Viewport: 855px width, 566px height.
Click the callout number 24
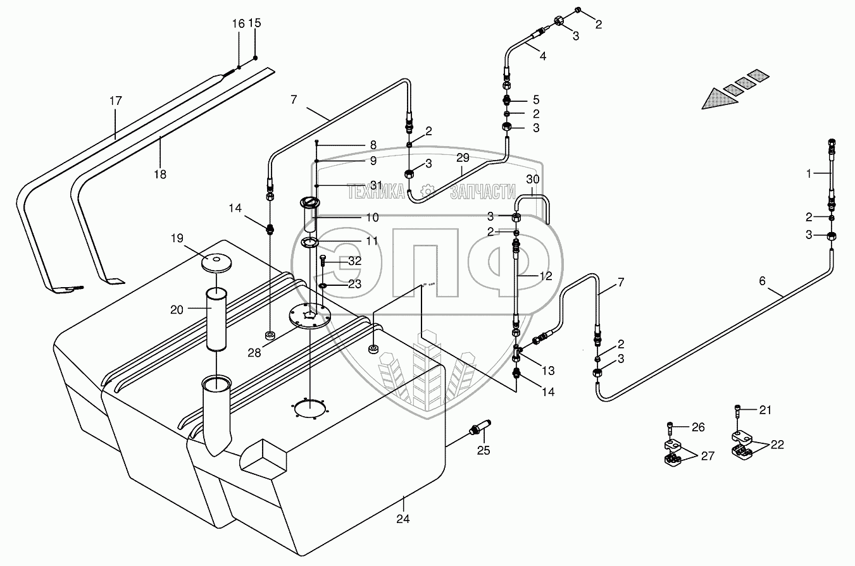[403, 519]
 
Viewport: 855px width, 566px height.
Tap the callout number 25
[484, 450]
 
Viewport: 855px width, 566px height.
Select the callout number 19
[177, 238]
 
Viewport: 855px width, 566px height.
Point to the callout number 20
[177, 310]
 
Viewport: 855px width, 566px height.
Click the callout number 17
[116, 101]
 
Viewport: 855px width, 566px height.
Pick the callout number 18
[160, 175]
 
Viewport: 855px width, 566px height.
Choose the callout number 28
[254, 353]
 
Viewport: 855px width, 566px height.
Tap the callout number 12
[546, 276]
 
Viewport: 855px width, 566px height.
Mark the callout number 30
[532, 179]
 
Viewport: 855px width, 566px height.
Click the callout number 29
[463, 157]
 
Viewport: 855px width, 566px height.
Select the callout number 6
[762, 281]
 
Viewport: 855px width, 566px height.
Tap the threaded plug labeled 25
[480, 427]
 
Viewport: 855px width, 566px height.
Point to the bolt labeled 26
[670, 427]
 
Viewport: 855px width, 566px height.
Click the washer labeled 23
[322, 286]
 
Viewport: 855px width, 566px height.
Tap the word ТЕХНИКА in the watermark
[375, 192]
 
